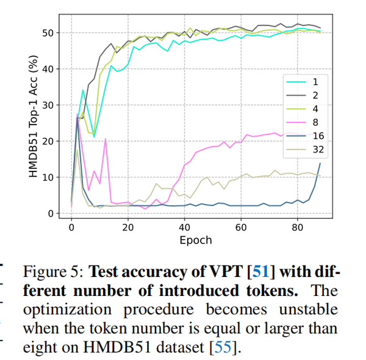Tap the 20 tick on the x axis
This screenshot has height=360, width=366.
click(128, 227)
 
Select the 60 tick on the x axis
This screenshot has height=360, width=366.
click(241, 227)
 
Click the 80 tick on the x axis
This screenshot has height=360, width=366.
click(298, 227)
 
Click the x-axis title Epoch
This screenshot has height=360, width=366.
click(195, 240)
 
